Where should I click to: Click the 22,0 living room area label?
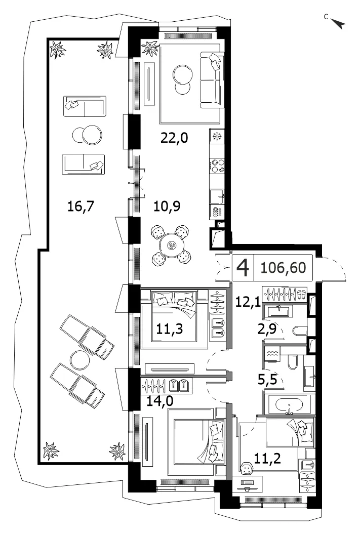tap(174, 138)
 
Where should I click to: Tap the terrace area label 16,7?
tap(80, 206)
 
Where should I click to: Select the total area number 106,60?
tap(283, 268)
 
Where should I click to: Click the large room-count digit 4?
tap(243, 268)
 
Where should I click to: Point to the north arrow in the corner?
tap(338, 23)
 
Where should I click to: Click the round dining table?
tap(172, 245)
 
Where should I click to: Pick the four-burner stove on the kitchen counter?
tap(217, 166)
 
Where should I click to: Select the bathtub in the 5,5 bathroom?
tap(289, 404)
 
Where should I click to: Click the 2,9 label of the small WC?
tap(267, 329)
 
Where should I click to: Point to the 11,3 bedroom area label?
tap(170, 329)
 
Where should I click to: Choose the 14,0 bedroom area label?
tap(159, 401)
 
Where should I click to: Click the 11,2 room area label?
tap(267, 458)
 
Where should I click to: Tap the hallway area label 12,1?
tap(248, 302)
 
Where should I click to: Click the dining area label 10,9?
tap(167, 206)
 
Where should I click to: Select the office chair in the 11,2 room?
tap(246, 468)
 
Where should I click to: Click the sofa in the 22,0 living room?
tap(212, 80)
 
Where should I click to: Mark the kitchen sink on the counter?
tap(217, 197)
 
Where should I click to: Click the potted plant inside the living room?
tap(150, 48)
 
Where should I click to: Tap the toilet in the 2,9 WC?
tap(300, 331)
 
